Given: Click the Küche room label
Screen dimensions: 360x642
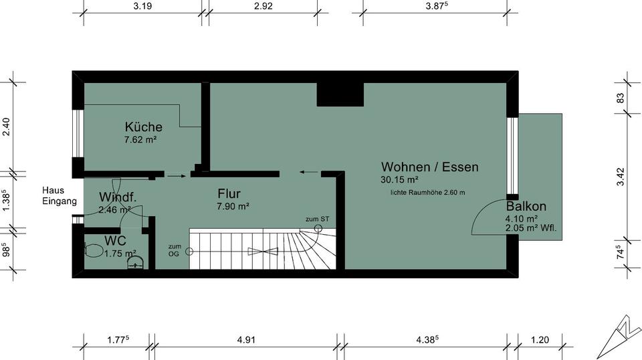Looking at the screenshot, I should (x=143, y=126).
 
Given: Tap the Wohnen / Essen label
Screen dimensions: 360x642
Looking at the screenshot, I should (x=429, y=167).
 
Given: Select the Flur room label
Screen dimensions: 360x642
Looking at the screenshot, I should (x=229, y=194).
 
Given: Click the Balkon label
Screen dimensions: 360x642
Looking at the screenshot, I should (x=526, y=206).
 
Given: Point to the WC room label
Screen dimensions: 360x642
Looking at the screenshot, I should (x=115, y=240).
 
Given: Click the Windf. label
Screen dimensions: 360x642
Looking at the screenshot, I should (x=118, y=197).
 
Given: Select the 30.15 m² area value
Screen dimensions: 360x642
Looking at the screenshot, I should (x=400, y=180).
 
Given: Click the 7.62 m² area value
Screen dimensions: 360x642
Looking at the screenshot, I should (x=140, y=141).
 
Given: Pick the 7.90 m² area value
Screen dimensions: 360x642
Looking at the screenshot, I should (x=233, y=207).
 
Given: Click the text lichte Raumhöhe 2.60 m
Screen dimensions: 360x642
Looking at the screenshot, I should (x=428, y=193).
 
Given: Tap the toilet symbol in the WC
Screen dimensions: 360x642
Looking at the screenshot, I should (x=94, y=250).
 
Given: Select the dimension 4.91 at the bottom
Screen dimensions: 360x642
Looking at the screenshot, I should (x=246, y=340).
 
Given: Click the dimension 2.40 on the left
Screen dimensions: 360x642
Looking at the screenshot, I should (x=6, y=126).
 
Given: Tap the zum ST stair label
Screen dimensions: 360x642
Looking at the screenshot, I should (x=317, y=219).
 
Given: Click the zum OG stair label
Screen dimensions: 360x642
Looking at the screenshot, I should (x=175, y=250).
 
